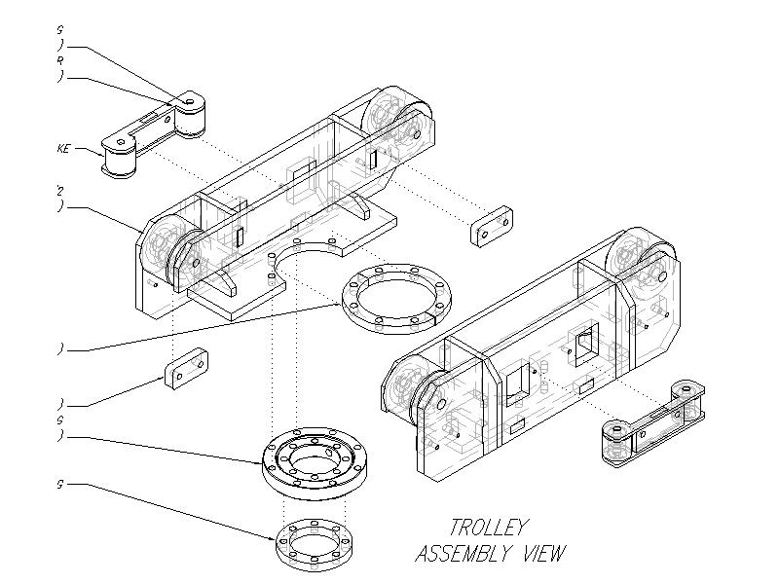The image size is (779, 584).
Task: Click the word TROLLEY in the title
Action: [488, 529]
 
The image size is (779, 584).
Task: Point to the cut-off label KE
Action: [64, 149]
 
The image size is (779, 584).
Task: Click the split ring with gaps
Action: [395, 294]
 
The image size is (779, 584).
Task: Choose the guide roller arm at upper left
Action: [154, 137]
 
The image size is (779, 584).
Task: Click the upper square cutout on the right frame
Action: [584, 344]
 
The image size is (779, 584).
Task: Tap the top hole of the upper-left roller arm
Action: [190, 100]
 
